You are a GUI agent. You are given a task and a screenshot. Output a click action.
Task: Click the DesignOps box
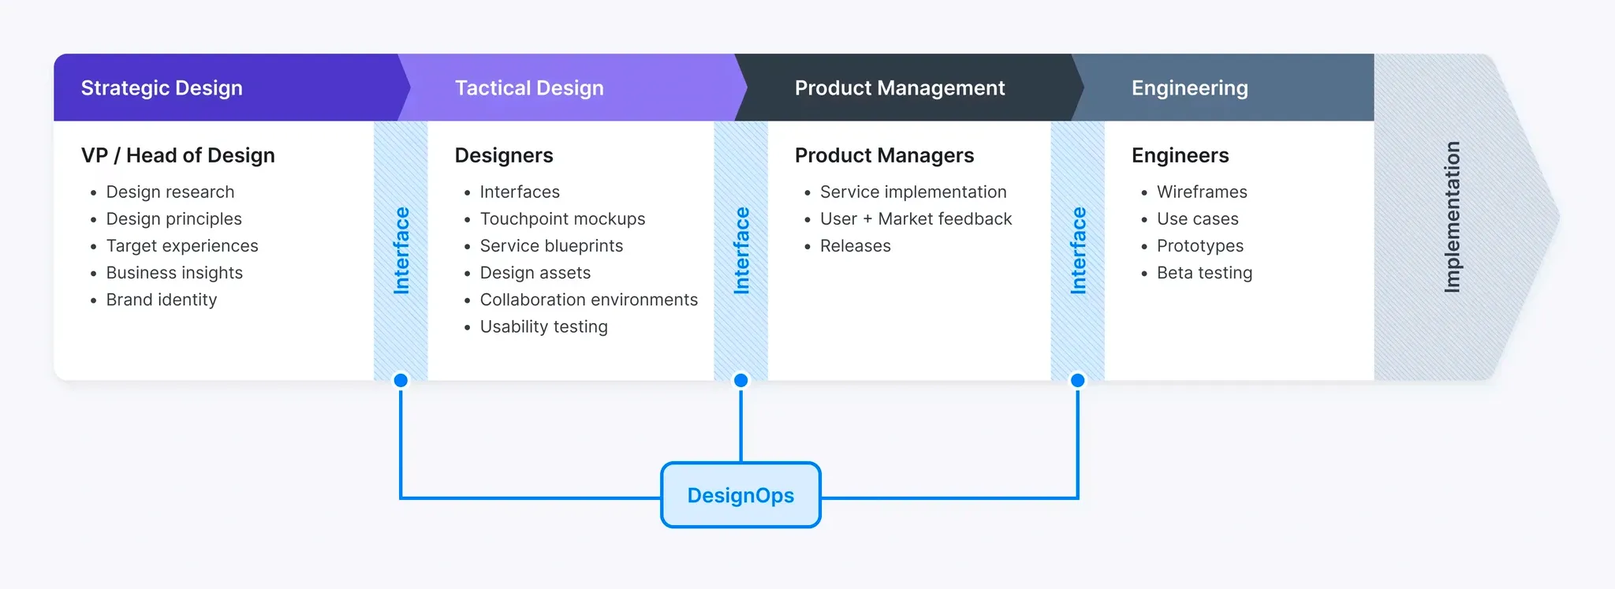click(x=740, y=495)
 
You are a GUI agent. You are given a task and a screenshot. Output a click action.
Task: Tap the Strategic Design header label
click(x=162, y=88)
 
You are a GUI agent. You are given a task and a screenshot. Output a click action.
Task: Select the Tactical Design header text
click(x=529, y=88)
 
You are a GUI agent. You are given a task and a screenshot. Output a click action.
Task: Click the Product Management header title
click(x=900, y=88)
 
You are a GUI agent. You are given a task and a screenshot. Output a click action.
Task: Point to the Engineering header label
click(x=1189, y=88)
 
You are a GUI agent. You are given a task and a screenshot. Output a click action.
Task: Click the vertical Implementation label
click(x=1452, y=217)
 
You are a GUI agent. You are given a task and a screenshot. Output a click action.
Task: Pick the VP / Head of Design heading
click(x=178, y=155)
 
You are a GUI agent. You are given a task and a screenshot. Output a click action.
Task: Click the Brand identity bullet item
click(x=161, y=300)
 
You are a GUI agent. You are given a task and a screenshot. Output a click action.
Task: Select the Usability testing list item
click(x=543, y=326)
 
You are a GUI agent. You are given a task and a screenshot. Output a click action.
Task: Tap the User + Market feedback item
click(x=916, y=219)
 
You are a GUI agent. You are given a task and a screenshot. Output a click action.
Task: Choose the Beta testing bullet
click(x=1204, y=273)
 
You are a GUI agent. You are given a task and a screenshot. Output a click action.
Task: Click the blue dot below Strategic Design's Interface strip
click(x=401, y=380)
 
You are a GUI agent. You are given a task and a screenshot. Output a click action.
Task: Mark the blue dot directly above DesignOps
click(x=740, y=380)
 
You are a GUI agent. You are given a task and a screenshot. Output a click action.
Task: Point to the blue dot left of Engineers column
click(x=1077, y=380)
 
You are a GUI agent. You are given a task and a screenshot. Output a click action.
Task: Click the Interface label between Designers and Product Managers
click(x=741, y=251)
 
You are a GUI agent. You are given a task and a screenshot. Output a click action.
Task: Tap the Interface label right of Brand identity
click(x=401, y=251)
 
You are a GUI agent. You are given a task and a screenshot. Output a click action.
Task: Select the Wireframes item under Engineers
click(x=1202, y=192)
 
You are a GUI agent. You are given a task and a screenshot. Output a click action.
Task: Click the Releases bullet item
click(x=855, y=246)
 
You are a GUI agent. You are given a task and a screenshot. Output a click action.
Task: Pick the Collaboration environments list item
click(x=588, y=300)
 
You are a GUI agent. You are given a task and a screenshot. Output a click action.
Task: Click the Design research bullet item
click(x=170, y=192)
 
